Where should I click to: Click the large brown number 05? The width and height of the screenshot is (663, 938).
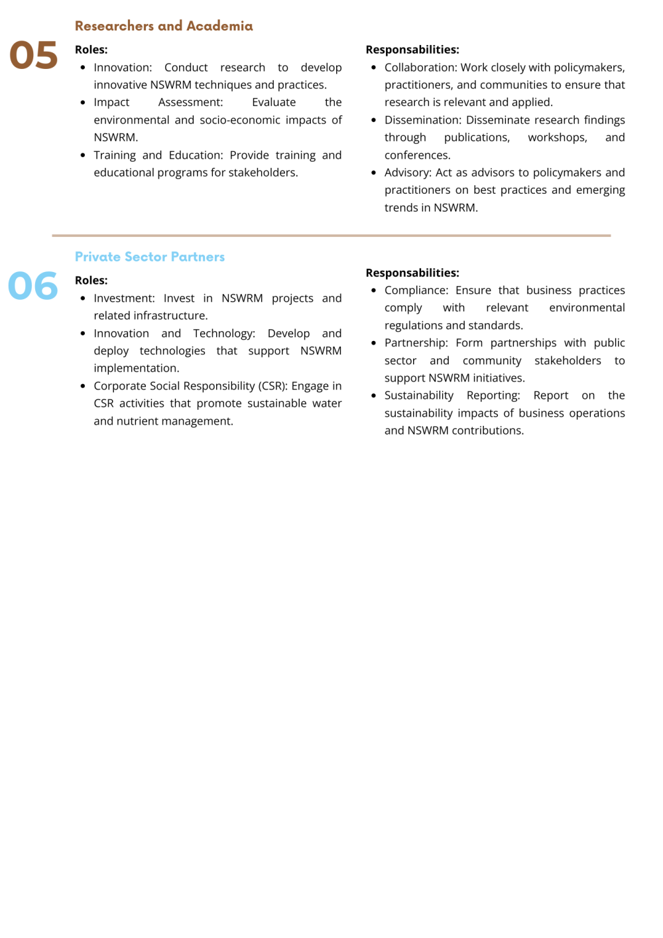pyautogui.click(x=33, y=55)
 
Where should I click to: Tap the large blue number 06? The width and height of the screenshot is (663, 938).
pyautogui.click(x=33, y=286)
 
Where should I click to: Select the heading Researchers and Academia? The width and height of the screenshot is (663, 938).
pyautogui.click(x=164, y=26)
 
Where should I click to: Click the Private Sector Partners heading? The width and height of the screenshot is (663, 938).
pyautogui.click(x=150, y=257)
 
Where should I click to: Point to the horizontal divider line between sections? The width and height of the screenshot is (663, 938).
pyautogui.click(x=331, y=235)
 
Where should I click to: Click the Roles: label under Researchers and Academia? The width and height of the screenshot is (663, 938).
pyautogui.click(x=91, y=50)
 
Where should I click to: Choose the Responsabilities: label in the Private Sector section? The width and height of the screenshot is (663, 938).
pyautogui.click(x=412, y=273)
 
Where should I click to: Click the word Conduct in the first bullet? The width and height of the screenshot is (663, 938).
pyautogui.click(x=186, y=68)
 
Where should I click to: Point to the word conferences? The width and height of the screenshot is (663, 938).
pyautogui.click(x=417, y=155)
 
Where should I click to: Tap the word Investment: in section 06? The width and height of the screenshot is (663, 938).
pyautogui.click(x=124, y=299)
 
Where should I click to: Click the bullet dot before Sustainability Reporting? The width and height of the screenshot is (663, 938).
pyautogui.click(x=374, y=395)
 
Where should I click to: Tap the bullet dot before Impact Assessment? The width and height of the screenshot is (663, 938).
pyautogui.click(x=83, y=103)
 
